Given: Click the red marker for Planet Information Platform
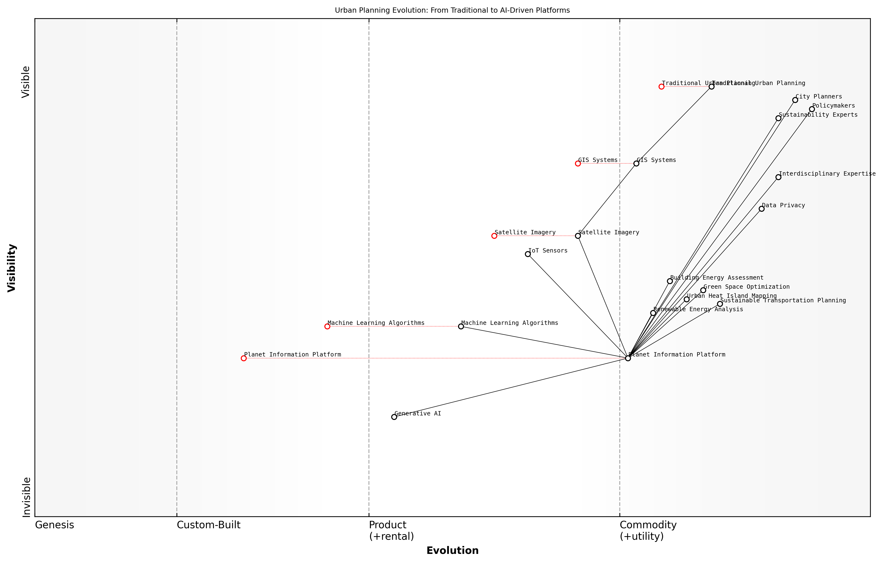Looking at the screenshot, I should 243,358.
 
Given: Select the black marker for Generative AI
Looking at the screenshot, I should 394,417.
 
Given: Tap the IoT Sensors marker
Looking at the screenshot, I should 528,254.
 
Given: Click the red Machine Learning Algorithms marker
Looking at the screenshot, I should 327,327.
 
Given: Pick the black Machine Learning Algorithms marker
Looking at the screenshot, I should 461,327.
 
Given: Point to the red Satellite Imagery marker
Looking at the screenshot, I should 494,236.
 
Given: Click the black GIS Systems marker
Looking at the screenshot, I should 636,164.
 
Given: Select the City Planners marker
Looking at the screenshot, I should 795,100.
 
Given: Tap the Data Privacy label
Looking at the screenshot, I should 783,205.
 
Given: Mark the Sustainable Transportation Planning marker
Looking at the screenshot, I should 720,304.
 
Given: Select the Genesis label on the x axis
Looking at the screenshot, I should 54,525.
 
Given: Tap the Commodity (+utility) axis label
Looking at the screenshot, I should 648,531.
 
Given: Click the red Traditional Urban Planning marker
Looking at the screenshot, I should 661,86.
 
